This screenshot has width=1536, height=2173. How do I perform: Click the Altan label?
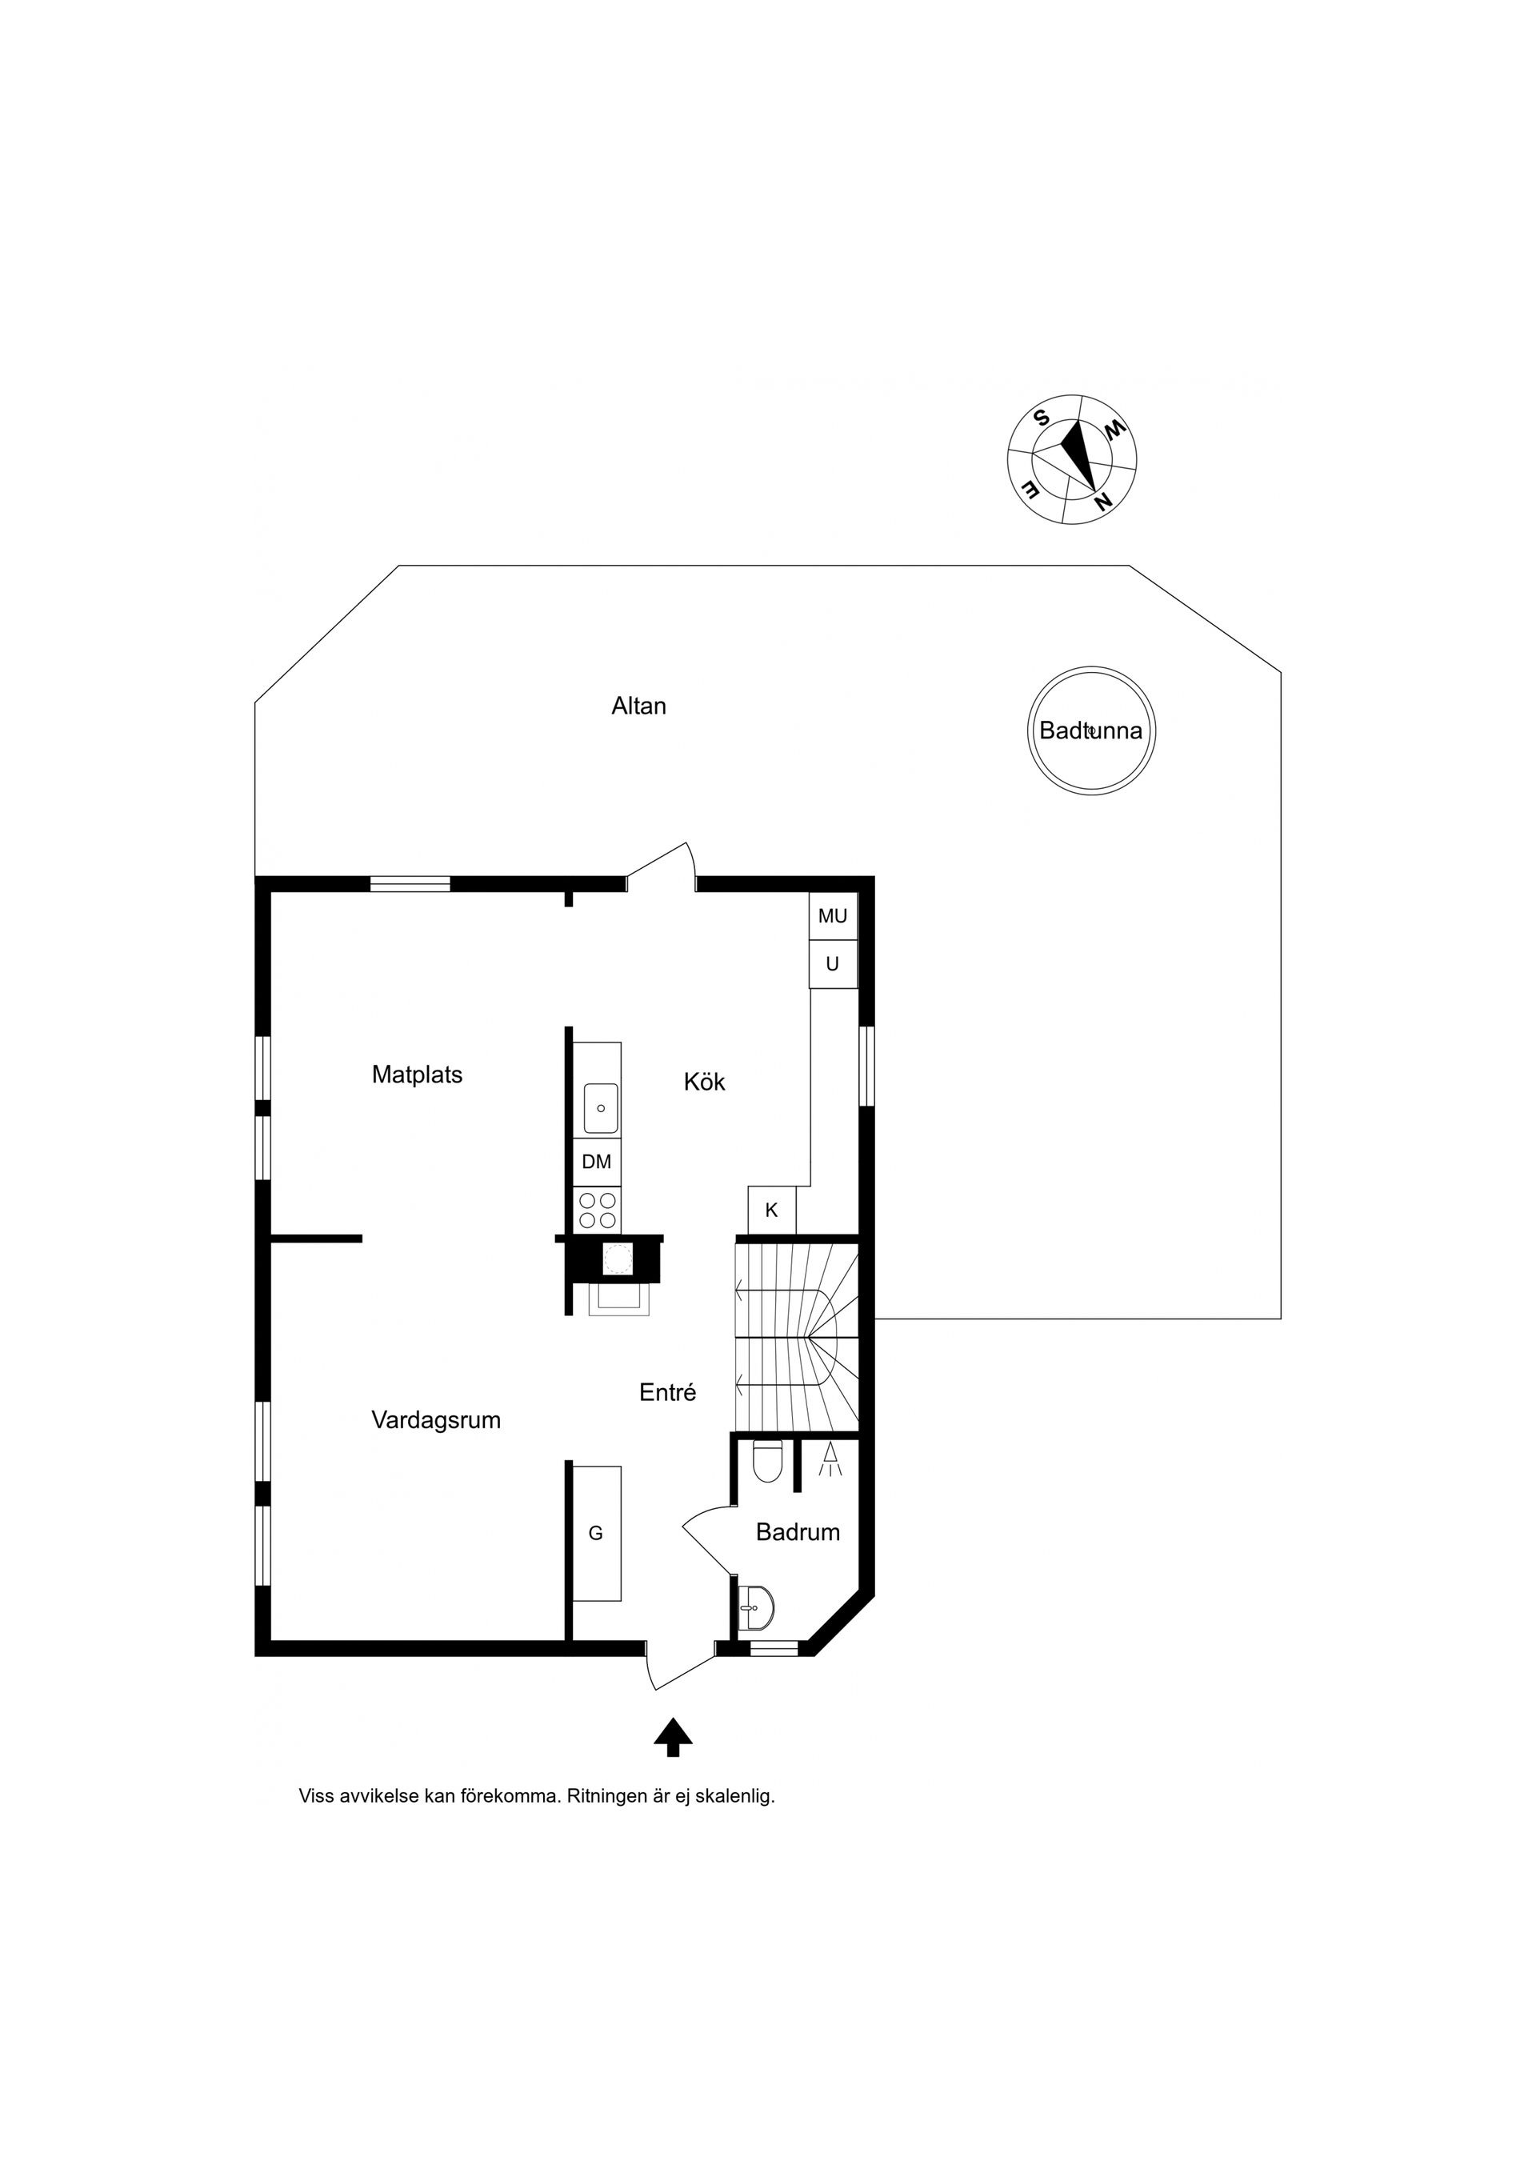coord(639,706)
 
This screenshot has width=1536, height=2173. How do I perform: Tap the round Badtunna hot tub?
coord(1091,730)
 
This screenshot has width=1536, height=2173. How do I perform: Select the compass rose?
coord(1071,459)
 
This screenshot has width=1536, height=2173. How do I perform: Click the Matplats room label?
coord(417,1075)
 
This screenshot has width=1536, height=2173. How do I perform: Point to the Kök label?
coord(704,1082)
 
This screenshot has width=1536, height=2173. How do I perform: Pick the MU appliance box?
coord(833,916)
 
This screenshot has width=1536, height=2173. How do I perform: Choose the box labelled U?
coord(833,964)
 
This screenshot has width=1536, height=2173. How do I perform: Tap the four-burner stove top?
coord(597,1211)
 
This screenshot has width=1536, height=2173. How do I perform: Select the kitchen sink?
coord(600,1108)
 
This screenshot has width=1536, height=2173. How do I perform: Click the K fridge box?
coord(771,1211)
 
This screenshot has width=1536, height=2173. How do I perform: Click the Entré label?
coord(667,1392)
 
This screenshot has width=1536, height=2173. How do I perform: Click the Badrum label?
coord(798,1532)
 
